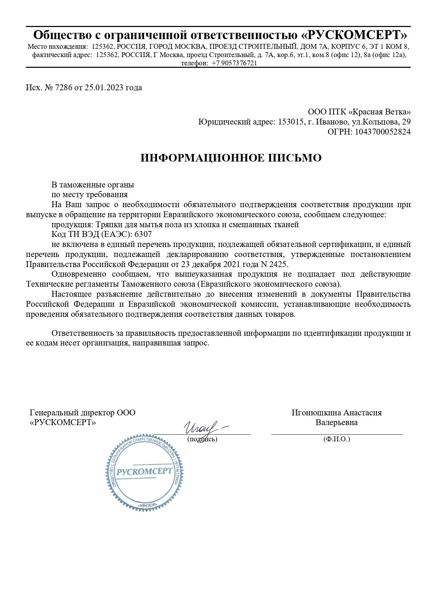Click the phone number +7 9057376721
pos(234,63)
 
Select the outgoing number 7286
pos(64,88)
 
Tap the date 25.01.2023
pos(104,88)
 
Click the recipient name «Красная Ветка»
pos(380,112)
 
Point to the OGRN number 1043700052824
pos(383,132)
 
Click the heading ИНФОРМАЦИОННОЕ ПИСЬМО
pos(231,158)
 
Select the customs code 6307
pos(143,234)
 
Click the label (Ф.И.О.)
pos(337,439)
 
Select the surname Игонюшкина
pos(316,413)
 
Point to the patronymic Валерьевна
pos(336,422)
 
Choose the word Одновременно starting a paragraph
pos(79,274)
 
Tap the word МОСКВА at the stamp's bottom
pos(146,506)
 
